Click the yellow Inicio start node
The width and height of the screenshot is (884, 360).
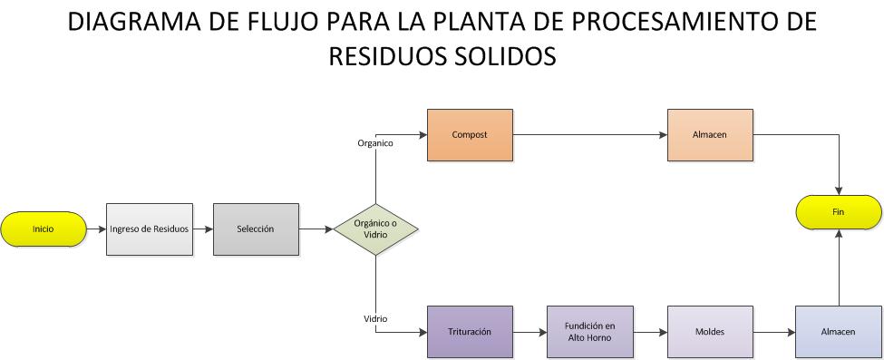tap(44, 229)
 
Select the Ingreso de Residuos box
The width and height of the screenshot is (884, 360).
tap(150, 229)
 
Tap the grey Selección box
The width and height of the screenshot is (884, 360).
tap(256, 229)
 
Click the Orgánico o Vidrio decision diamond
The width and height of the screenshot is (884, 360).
tap(375, 229)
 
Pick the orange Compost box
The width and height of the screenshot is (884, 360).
tap(470, 135)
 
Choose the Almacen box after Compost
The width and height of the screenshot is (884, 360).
tap(710, 135)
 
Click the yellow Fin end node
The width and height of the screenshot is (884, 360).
tap(838, 212)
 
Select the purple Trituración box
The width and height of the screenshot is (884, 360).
tap(470, 331)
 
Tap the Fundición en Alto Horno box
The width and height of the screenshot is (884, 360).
tap(589, 331)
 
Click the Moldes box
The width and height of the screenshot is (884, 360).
tap(710, 331)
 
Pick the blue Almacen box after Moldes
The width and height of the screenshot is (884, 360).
tap(838, 331)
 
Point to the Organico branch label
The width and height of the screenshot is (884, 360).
tap(375, 142)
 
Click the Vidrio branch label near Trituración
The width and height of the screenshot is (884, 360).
tap(375, 319)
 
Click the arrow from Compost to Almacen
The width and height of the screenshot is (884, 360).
tap(589, 135)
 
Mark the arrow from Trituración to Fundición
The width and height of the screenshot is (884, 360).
tap(530, 331)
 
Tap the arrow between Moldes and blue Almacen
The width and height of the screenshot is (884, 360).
tap(773, 331)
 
